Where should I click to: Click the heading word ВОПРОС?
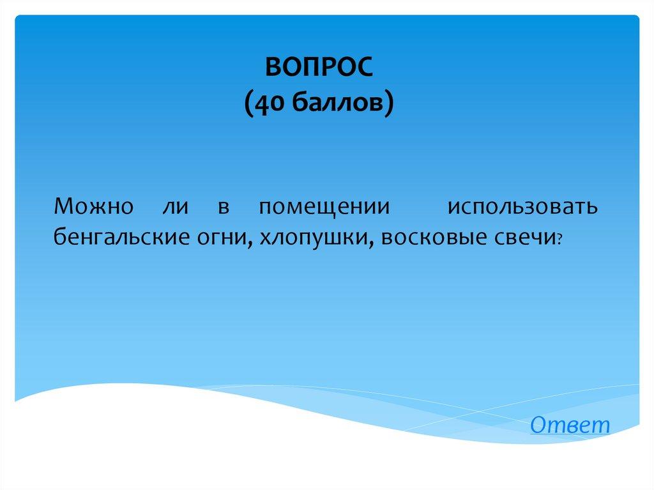(319, 67)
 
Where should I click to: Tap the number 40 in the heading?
(270, 103)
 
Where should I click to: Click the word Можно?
(94, 206)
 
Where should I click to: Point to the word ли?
(176, 207)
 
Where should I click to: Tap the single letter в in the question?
(224, 208)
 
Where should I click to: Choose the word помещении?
(325, 208)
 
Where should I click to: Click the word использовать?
(523, 206)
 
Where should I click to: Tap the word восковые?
(434, 238)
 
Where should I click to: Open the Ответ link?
(570, 425)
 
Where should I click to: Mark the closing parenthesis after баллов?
(389, 103)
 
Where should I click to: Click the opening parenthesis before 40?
(248, 103)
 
